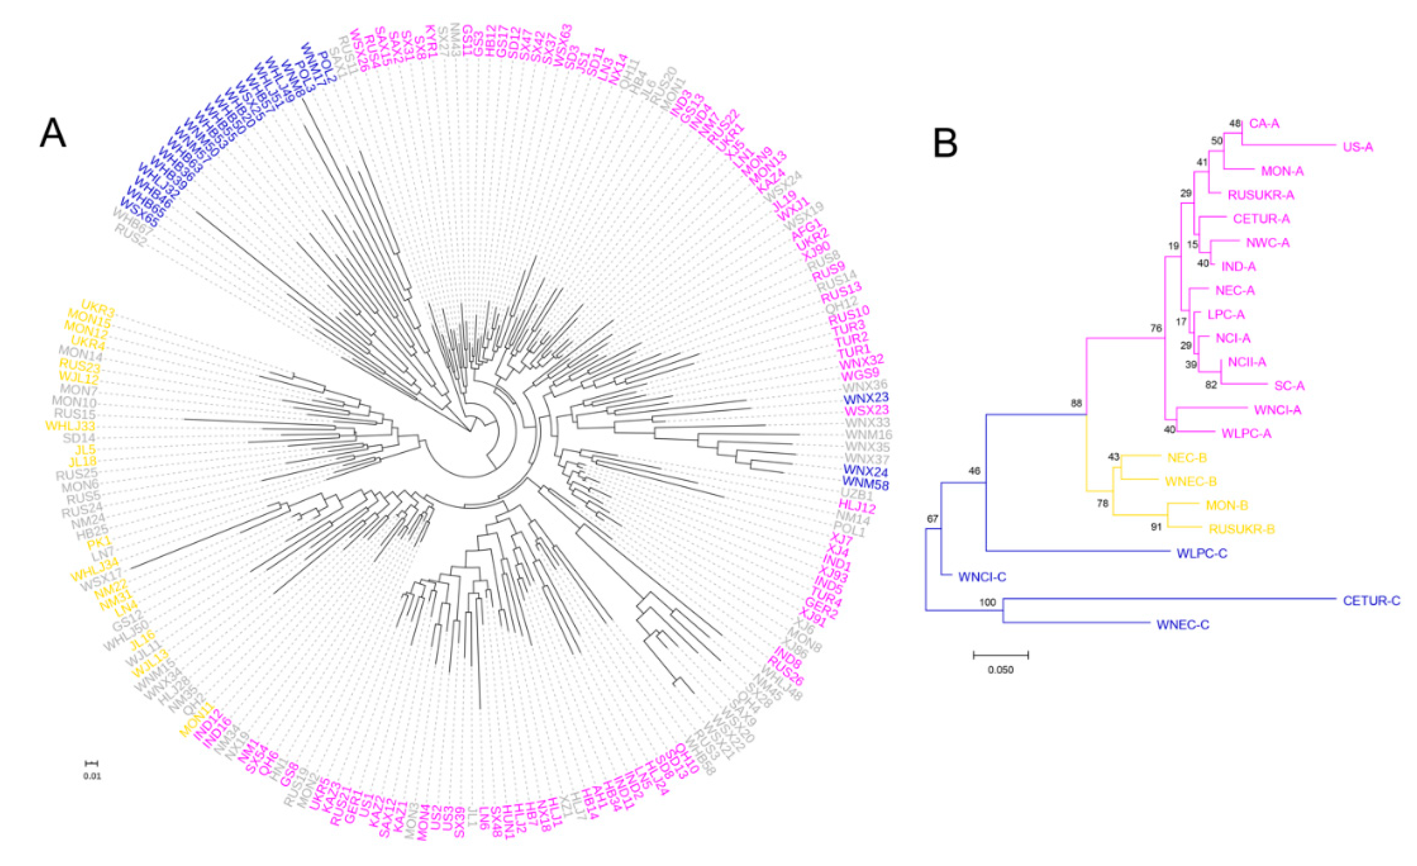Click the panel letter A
(x=52, y=133)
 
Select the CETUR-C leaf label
(x=1372, y=601)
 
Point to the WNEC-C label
(x=1182, y=625)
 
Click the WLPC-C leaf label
(x=1202, y=553)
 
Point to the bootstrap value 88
(x=1076, y=404)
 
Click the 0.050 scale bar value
(x=1001, y=670)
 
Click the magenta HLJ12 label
(x=856, y=508)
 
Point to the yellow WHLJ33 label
(x=70, y=426)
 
